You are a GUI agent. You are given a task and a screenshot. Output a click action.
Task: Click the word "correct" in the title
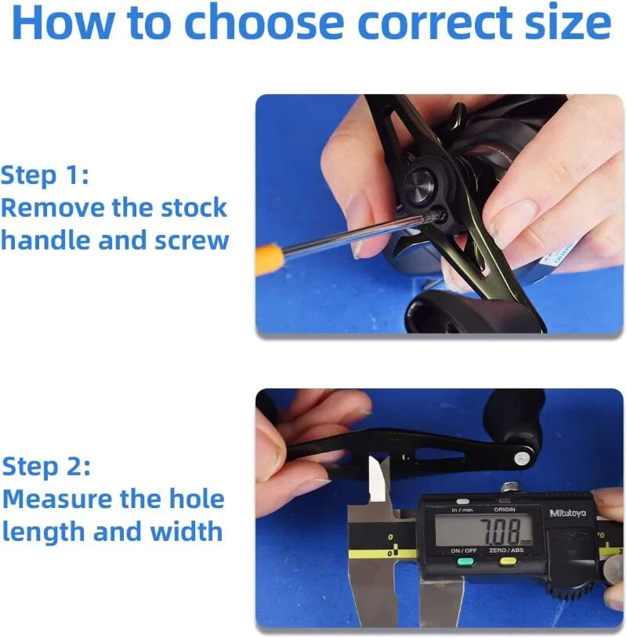click(434, 23)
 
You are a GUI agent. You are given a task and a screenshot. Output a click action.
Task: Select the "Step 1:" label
click(45, 175)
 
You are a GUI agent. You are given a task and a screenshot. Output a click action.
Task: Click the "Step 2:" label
click(46, 467)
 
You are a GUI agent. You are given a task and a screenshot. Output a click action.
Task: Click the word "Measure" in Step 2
click(58, 499)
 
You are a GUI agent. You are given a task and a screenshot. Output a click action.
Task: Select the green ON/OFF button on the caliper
click(466, 562)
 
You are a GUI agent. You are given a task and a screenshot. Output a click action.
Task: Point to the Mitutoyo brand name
click(567, 513)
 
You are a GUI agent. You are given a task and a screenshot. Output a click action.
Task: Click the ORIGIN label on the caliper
click(505, 510)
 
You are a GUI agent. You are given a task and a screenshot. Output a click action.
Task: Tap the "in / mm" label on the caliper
click(462, 510)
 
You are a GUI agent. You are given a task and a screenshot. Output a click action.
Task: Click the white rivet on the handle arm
click(522, 459)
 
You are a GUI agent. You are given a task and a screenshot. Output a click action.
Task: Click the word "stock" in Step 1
click(194, 207)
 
